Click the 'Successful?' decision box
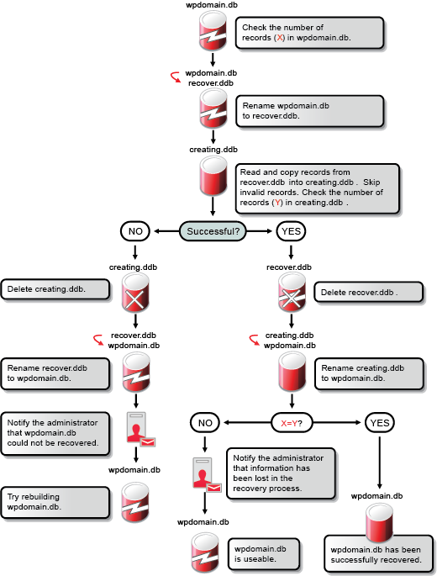pyautogui.click(x=213, y=230)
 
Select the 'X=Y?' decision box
pyautogui.click(x=291, y=421)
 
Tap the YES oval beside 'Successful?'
pyautogui.click(x=291, y=230)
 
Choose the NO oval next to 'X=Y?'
pyautogui.click(x=205, y=421)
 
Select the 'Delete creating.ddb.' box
pyautogui.click(x=55, y=289)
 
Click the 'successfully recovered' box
pyautogui.click(x=377, y=554)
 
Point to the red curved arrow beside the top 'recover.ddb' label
pyautogui.click(x=175, y=77)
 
